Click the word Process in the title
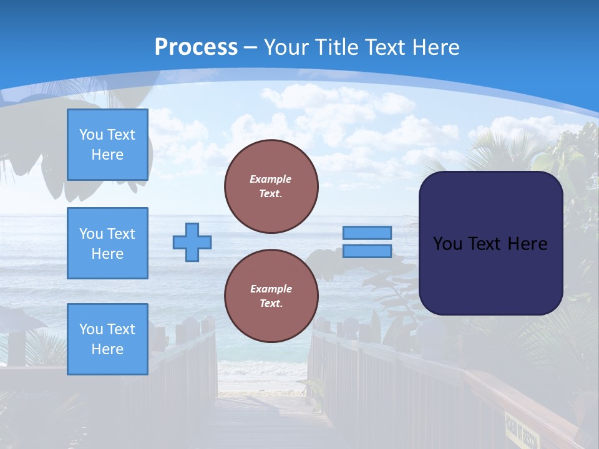pos(196,47)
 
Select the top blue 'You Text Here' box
pos(107,145)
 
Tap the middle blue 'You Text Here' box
pos(107,243)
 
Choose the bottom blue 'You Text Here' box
pos(107,339)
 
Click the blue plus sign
pos(192,242)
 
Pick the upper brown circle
pos(271,186)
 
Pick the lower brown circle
pos(271,296)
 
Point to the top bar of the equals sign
pos(367,233)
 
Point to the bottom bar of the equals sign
pos(367,251)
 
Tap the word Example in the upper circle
pos(271,179)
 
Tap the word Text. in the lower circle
pos(271,304)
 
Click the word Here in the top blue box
pos(107,155)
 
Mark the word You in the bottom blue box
pos(91,329)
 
